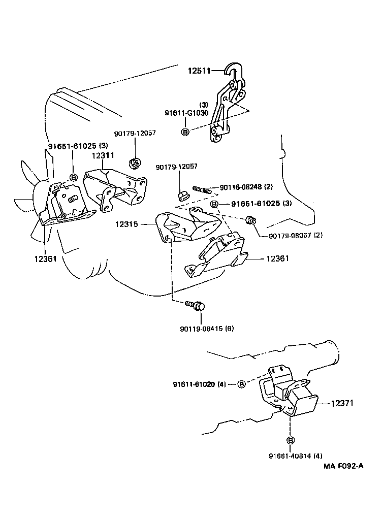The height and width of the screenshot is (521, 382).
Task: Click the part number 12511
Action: click(200, 71)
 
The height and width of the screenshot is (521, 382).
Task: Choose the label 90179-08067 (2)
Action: click(290, 235)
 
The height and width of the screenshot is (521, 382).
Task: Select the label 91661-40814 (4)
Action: click(290, 455)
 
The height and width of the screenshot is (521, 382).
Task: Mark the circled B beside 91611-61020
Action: click(242, 384)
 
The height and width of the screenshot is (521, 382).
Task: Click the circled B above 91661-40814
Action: click(290, 440)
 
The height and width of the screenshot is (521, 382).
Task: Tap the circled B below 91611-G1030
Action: click(185, 132)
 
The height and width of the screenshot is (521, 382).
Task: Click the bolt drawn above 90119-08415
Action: click(196, 305)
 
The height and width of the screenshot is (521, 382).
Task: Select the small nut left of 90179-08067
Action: click(250, 220)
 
